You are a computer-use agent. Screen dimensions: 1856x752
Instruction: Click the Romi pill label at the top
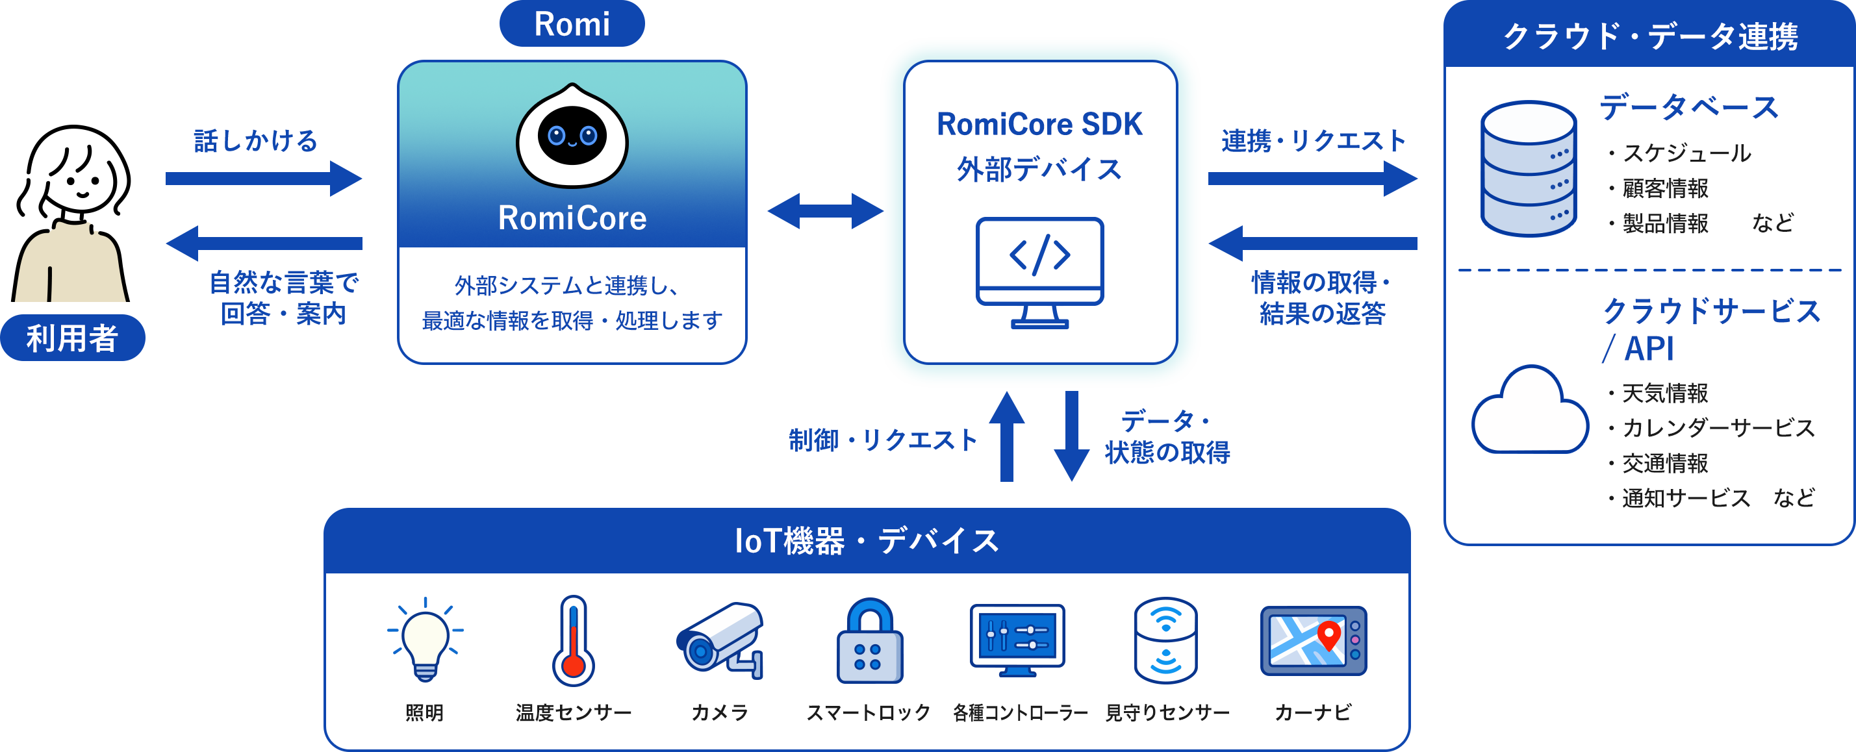click(572, 24)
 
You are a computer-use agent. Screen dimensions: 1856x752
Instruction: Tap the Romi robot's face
click(572, 136)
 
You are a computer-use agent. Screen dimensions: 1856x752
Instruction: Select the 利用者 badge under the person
click(73, 338)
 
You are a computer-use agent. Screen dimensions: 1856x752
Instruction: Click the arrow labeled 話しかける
click(264, 178)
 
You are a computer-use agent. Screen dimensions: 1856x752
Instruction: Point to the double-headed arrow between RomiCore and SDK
click(826, 211)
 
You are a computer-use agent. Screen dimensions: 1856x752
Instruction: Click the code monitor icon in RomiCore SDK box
click(1039, 272)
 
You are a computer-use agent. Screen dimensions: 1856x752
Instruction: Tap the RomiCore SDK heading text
click(1039, 124)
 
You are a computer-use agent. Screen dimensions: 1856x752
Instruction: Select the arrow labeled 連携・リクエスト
click(1313, 178)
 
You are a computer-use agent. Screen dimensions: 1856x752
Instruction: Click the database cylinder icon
click(1528, 169)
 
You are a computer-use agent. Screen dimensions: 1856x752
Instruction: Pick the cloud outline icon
click(1530, 410)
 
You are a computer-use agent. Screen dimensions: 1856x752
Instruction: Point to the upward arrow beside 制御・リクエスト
click(1006, 436)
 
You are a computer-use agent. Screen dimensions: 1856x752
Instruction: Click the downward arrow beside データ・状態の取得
click(1071, 436)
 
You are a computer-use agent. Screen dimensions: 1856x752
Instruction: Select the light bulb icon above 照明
click(425, 640)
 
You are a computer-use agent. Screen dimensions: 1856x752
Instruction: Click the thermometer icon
click(574, 640)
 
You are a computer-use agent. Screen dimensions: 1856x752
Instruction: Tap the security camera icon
click(720, 640)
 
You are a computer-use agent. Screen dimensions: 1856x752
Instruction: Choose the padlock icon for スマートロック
click(870, 640)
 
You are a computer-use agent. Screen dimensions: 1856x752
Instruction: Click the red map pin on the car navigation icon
click(1328, 635)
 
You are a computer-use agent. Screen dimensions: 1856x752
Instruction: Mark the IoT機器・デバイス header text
click(867, 541)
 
